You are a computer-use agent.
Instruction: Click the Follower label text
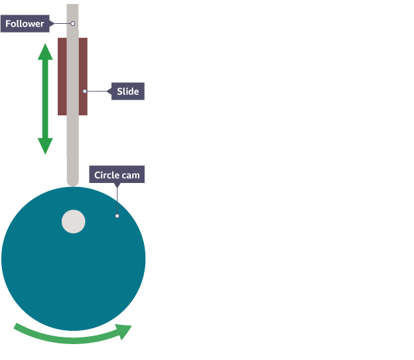coord(25,24)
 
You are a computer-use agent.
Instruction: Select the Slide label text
coord(127,91)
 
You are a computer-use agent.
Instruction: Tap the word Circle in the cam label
coord(106,176)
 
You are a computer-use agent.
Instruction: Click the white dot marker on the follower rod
coord(73,24)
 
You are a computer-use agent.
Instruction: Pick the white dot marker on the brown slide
coord(84,91)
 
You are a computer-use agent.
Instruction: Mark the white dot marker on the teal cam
coord(117,215)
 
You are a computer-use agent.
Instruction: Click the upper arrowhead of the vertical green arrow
coord(45,52)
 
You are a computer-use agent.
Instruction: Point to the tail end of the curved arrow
coord(17,328)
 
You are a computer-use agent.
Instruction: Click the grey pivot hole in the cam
coord(73,221)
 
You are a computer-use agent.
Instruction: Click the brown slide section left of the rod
coord(62,76)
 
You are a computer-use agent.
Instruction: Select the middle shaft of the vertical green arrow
coord(45,99)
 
